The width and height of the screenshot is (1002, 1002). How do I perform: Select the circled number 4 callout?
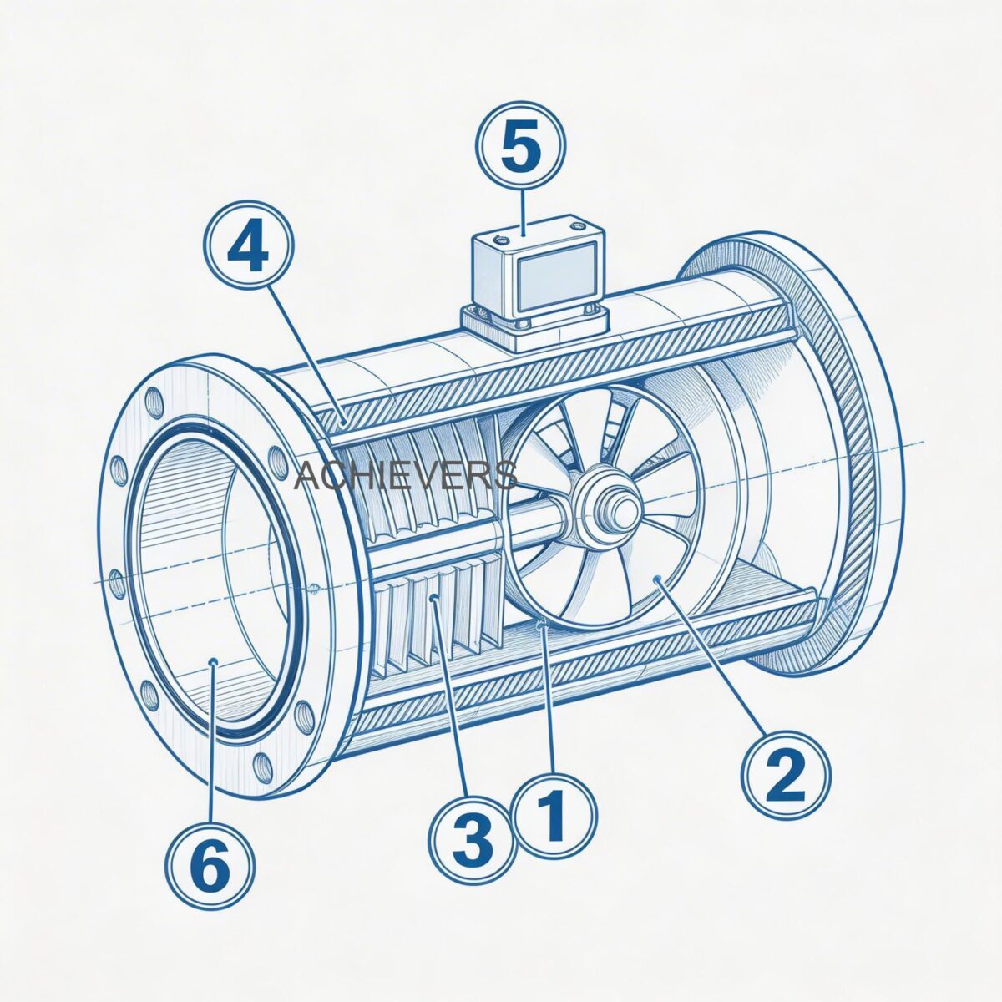tap(248, 244)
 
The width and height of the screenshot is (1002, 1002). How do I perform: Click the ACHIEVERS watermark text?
tap(406, 476)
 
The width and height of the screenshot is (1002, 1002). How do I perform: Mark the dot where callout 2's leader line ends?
tap(660, 579)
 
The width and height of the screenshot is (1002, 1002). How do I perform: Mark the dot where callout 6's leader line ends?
tap(214, 662)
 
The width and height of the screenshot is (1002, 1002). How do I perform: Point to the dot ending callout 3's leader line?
tap(433, 598)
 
